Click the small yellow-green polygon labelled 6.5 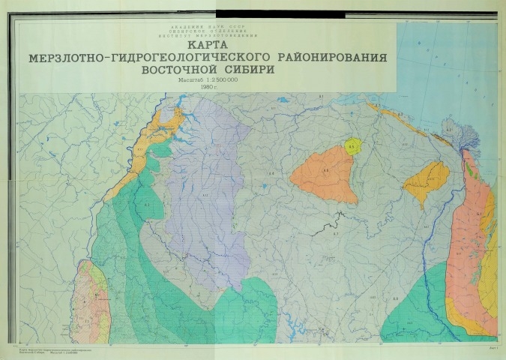pyautogui.click(x=353, y=147)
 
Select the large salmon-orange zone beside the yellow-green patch pyautogui.click(x=327, y=175)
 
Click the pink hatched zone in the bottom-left pyautogui.click(x=91, y=300)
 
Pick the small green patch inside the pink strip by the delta pyautogui.click(x=470, y=169)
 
